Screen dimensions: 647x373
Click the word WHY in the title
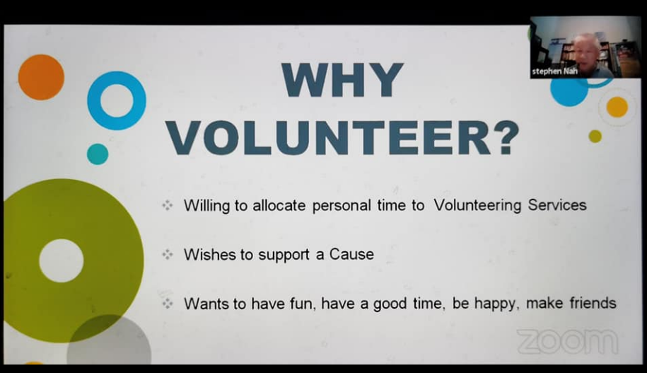342,80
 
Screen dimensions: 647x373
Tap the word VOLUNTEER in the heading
329,139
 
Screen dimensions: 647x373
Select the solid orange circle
41,77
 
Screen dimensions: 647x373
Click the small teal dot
98,154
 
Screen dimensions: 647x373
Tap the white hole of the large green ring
62,260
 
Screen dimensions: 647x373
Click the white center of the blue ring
117,101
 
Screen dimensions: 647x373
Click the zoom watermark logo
567,341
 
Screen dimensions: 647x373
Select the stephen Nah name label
554,71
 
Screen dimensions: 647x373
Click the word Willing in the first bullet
206,206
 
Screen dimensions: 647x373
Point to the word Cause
351,254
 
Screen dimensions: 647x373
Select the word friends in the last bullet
593,303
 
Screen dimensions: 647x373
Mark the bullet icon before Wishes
168,255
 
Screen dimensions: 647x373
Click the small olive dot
595,137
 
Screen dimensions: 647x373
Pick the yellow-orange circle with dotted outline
617,108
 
